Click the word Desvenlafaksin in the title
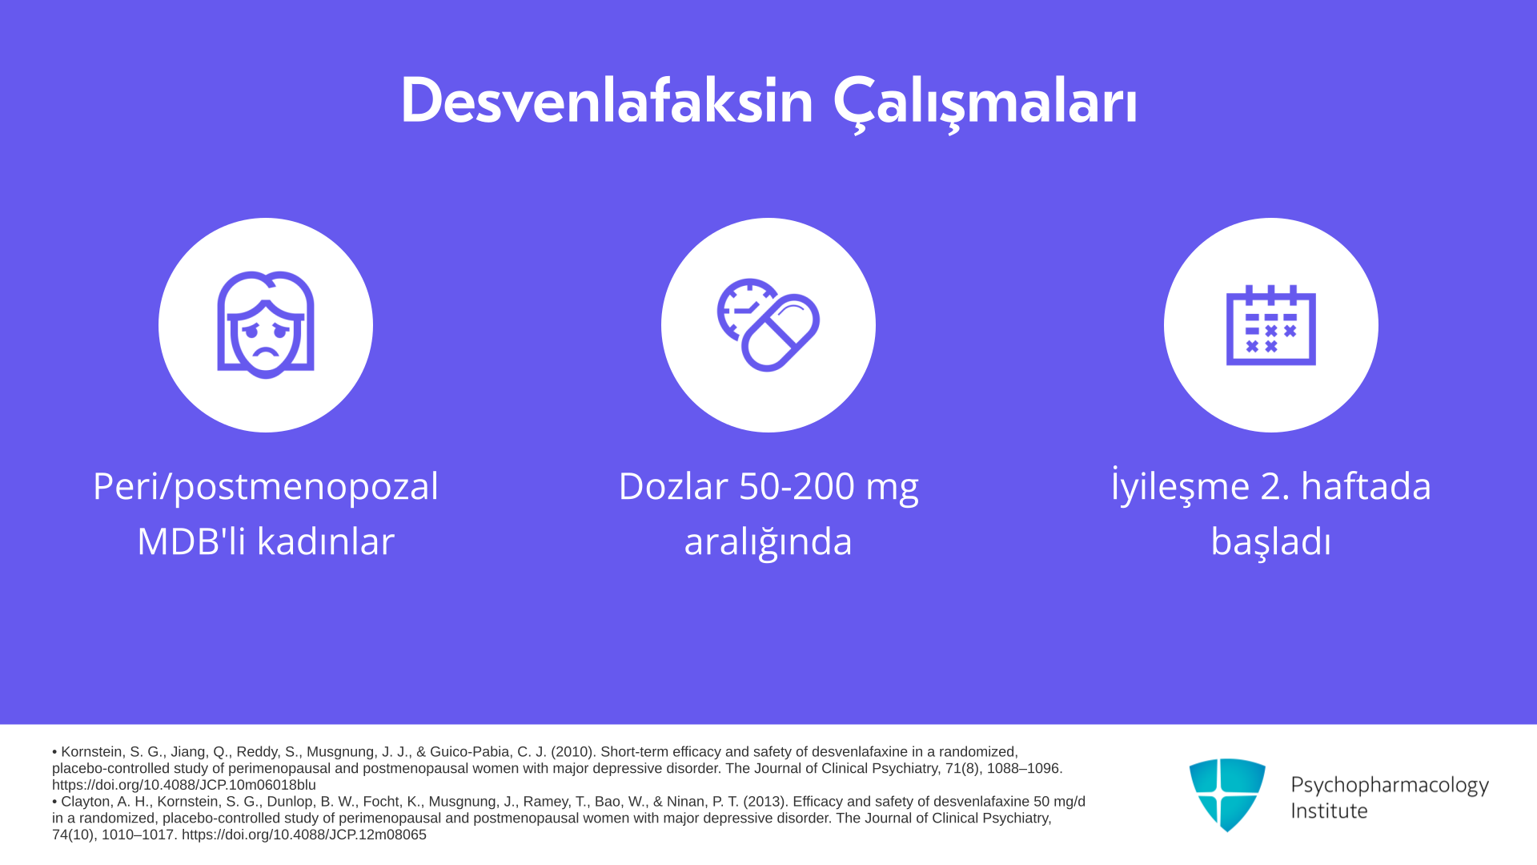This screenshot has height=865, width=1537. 607,101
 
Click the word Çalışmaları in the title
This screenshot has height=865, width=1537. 985,104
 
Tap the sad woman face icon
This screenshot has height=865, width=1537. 266,324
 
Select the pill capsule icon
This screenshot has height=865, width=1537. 768,325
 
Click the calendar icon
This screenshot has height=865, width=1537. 1271,325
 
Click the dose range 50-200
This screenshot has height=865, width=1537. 797,486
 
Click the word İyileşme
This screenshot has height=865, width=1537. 1181,486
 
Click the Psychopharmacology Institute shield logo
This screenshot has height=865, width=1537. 1227,795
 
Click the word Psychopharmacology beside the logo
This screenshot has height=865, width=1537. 1390,786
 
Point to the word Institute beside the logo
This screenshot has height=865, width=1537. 1329,811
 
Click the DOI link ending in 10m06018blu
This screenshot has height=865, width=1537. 184,785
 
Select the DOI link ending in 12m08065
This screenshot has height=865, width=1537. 304,835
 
